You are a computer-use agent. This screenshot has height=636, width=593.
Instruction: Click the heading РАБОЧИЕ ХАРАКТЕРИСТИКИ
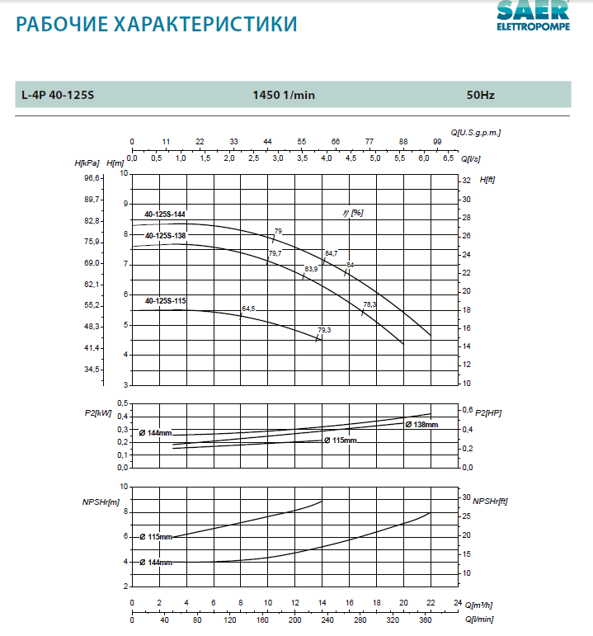coord(157,24)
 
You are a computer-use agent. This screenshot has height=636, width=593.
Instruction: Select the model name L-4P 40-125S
coord(59,95)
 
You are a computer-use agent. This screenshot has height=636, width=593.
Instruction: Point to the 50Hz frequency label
coord(480,95)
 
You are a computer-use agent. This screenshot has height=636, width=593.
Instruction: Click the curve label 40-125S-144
coord(165,214)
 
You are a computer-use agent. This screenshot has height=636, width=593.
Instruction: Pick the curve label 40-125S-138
coord(165,236)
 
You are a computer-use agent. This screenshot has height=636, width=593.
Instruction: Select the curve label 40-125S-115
coord(165,301)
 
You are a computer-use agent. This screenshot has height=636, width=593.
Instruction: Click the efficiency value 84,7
coord(331,253)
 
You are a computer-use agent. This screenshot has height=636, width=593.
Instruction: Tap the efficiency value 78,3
coord(369,304)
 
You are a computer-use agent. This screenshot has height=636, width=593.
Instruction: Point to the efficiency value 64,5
coord(248,309)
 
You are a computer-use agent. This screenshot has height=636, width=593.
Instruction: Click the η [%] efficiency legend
coord(353,213)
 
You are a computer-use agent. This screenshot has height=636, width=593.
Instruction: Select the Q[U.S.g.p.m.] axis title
coord(476,132)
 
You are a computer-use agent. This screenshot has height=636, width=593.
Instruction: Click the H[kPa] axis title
coord(87,163)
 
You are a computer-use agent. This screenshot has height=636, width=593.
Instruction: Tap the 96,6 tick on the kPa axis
coord(92,178)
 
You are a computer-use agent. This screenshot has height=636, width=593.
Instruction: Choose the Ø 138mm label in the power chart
coord(421,424)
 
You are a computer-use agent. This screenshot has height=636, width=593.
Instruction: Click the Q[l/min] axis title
coord(478,619)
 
